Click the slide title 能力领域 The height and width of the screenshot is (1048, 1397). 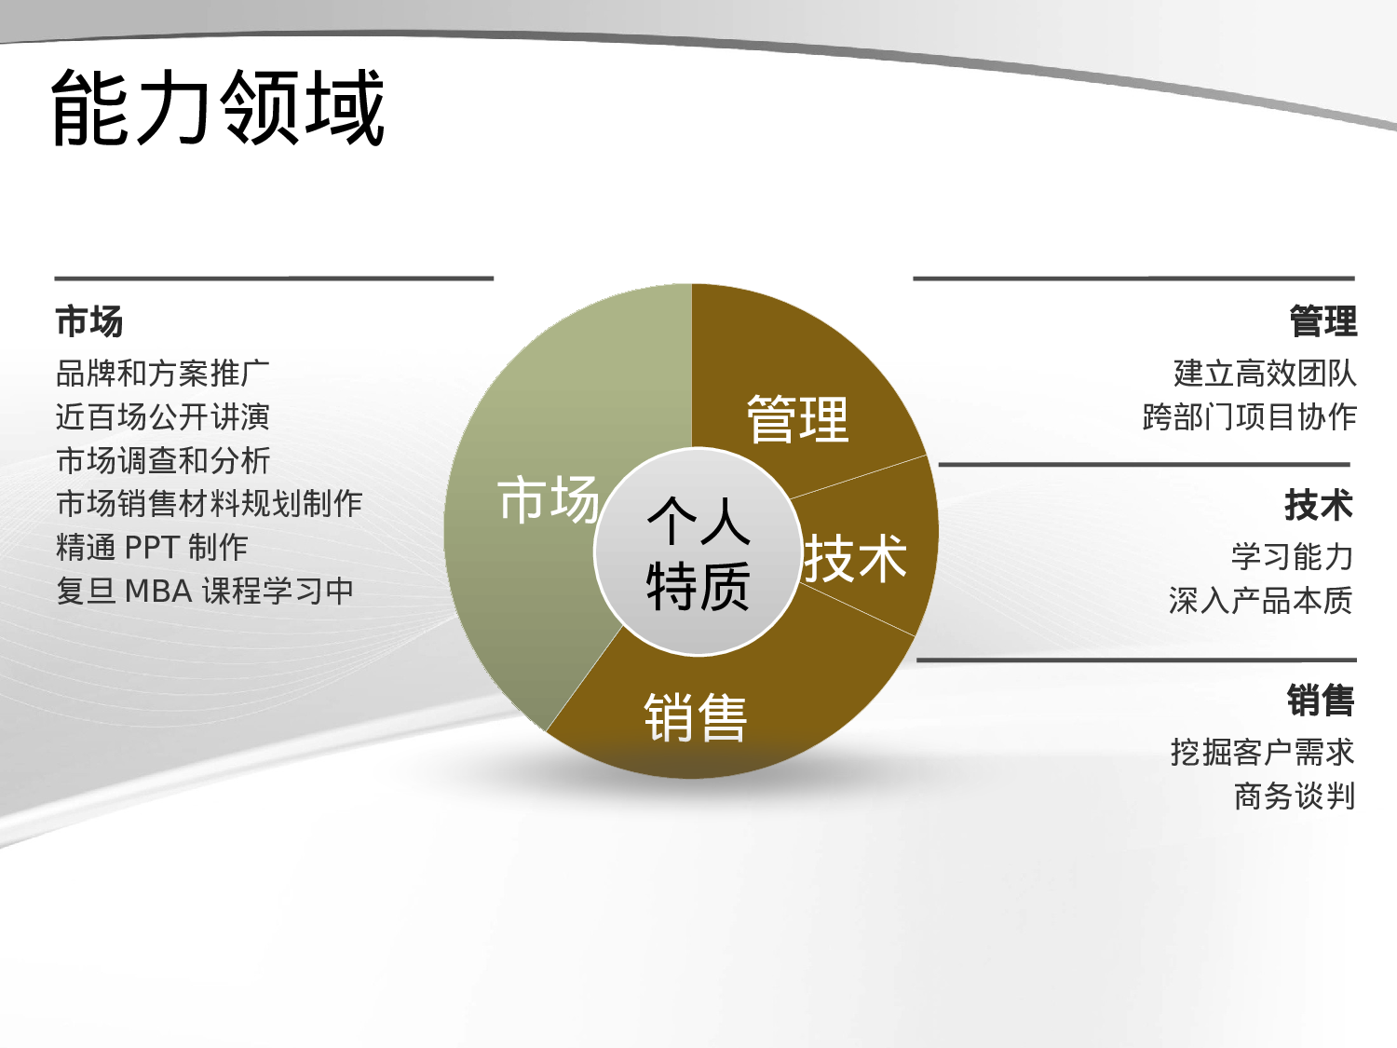coord(218,108)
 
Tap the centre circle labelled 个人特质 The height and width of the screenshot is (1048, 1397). coord(698,553)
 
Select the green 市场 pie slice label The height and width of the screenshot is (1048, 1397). coord(548,499)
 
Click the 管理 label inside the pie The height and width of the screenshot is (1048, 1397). coord(797,419)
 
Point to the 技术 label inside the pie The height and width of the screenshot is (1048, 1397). coord(855,559)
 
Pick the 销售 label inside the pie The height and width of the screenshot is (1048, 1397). coord(696,717)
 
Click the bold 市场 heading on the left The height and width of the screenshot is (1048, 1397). coord(89,321)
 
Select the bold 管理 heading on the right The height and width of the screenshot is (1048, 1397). coord(1322,321)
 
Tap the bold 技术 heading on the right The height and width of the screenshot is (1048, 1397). coord(1318,505)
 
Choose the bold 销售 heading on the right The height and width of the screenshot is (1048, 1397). coord(1320,701)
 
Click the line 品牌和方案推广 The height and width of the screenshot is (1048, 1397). coord(163,374)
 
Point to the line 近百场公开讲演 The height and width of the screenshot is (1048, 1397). coord(163,416)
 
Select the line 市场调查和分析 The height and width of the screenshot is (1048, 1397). coord(163,460)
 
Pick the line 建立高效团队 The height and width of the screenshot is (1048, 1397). coord(1265,374)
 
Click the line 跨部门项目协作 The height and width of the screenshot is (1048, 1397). coord(1249,416)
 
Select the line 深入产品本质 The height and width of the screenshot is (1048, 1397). coord(1260,601)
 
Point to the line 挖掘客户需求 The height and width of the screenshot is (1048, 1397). coord(1262,752)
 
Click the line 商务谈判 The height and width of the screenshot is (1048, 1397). coord(1294,796)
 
